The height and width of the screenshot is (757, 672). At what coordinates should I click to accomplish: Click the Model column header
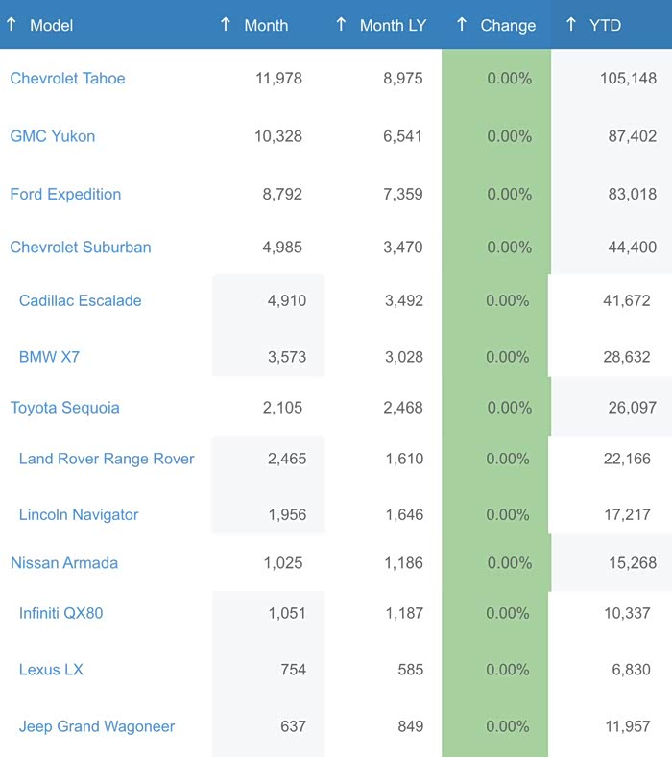[51, 25]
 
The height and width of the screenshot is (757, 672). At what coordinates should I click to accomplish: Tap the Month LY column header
[393, 25]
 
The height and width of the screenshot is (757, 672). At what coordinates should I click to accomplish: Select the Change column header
[508, 25]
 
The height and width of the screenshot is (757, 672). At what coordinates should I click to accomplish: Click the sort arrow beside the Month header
[226, 24]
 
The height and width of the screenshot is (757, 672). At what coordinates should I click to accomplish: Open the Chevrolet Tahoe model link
[67, 79]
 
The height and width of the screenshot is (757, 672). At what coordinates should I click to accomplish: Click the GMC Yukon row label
[53, 136]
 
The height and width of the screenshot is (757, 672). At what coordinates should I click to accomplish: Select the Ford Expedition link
[65, 194]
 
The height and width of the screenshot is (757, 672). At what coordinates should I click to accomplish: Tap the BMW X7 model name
[49, 357]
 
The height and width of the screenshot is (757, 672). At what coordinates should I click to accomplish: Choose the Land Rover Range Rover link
[107, 459]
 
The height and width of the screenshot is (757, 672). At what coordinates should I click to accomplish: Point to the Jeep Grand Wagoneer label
[97, 726]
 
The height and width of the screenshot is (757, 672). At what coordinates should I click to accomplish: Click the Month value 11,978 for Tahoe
[278, 79]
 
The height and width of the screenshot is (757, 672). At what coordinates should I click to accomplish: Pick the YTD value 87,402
[632, 136]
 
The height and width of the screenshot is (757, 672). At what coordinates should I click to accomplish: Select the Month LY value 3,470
[402, 247]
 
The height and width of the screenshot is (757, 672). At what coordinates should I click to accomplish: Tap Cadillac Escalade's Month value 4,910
[286, 300]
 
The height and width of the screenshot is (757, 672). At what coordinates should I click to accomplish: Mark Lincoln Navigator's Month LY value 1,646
[402, 515]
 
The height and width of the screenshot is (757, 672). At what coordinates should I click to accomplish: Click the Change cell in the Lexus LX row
[509, 670]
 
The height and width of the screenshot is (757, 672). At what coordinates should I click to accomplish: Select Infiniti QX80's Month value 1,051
[286, 613]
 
